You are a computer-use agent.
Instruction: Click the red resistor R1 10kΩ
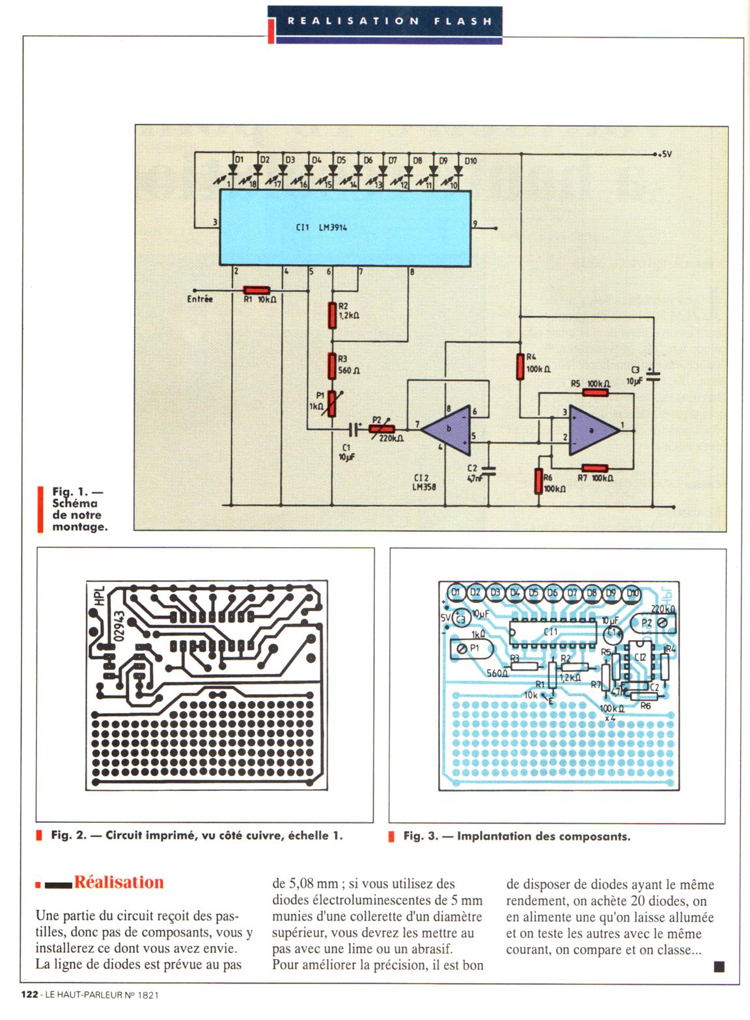(257, 290)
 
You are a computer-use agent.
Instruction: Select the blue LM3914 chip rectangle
(344, 228)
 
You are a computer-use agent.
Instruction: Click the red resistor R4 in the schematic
(520, 366)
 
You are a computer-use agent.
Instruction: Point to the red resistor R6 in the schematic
(538, 480)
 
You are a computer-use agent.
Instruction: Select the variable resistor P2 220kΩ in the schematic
(377, 429)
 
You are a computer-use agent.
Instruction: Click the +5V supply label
(663, 155)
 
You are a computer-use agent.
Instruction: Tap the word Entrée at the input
(200, 299)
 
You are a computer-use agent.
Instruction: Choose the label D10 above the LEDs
(470, 161)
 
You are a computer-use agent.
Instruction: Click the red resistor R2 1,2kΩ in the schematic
(333, 315)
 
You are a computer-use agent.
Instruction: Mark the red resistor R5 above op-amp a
(595, 392)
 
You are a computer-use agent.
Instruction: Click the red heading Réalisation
(118, 882)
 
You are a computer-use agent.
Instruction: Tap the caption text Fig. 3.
(420, 836)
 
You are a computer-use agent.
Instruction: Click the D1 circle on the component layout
(456, 593)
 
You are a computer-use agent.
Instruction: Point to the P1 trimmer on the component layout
(468, 649)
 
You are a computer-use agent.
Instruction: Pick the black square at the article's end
(719, 967)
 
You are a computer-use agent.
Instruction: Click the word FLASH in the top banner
(463, 21)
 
